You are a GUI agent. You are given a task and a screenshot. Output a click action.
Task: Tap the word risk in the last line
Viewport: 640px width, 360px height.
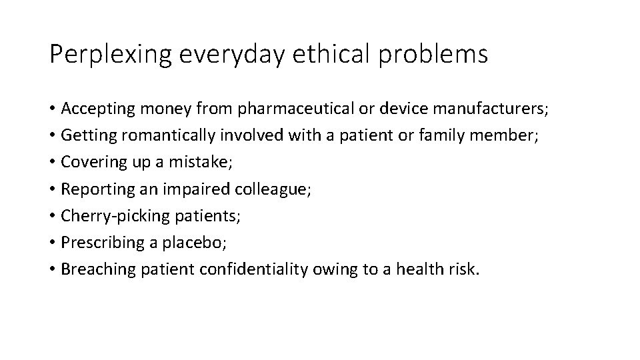click(464, 268)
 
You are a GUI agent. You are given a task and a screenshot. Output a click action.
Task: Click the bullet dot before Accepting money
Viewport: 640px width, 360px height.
click(52, 109)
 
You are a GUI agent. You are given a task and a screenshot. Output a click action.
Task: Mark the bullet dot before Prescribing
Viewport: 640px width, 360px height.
click(52, 242)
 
